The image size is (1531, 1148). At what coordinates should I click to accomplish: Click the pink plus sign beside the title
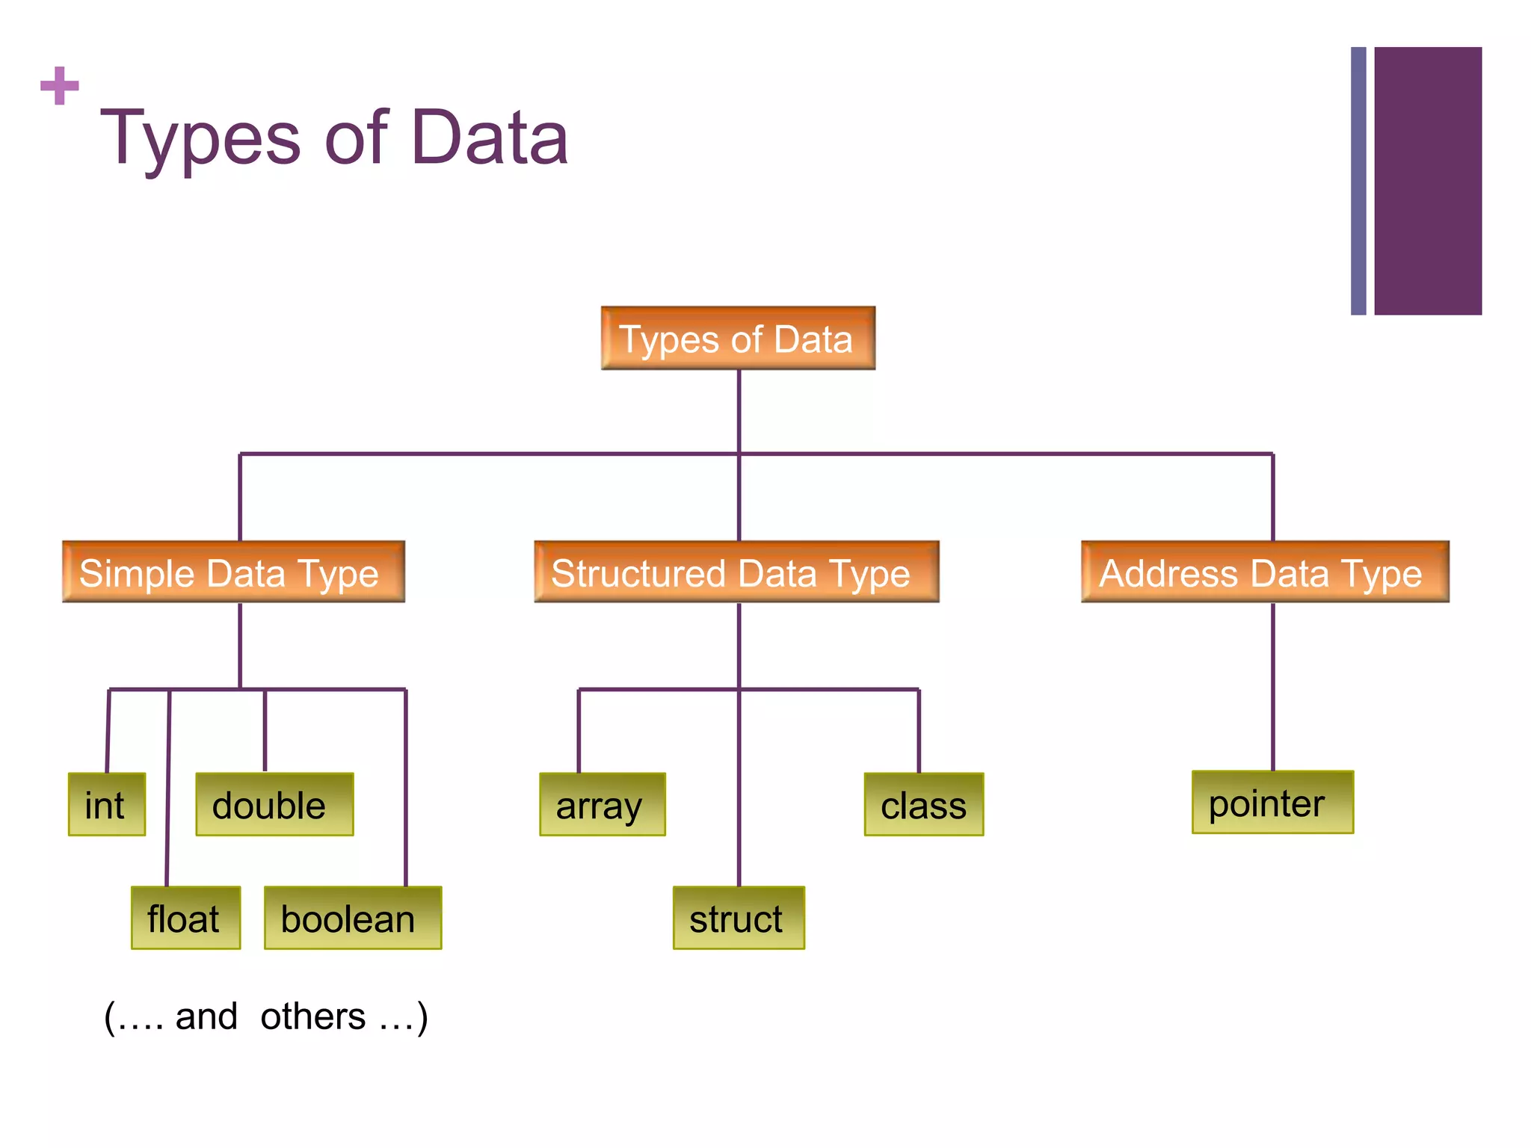pos(60,86)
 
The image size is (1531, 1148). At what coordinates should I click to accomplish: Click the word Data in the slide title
pos(490,138)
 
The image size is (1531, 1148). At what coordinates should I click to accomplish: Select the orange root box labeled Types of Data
pos(738,339)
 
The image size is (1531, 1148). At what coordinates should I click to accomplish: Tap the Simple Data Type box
pos(233,573)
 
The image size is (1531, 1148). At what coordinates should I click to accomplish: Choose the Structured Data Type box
pos(736,573)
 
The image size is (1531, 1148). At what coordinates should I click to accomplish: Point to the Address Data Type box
pos(1265,573)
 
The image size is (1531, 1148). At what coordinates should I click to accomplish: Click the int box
pos(106,805)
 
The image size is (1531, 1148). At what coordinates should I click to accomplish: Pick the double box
pos(274,805)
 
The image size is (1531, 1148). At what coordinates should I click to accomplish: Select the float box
pos(185,918)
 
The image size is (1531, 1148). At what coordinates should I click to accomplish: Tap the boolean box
pos(353,918)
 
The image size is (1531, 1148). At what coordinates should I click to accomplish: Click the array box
pos(602,805)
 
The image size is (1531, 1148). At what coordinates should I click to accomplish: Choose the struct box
pos(739,918)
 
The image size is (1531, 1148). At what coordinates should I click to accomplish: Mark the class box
pos(924,805)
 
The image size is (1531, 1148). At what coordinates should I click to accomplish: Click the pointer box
pos(1272,803)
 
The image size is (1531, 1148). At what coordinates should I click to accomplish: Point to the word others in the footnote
pos(312,1016)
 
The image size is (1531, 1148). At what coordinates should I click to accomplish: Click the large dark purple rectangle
pos(1428,181)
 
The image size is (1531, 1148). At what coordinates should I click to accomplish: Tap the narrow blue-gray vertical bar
pos(1358,181)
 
